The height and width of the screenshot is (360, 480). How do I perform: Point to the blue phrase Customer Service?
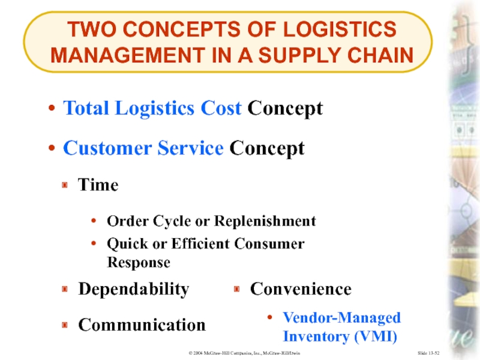143,148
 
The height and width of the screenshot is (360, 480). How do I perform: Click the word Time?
98,185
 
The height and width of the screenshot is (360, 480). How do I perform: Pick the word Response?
138,263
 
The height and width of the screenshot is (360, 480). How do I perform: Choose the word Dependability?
133,289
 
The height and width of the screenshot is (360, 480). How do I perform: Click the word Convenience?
300,289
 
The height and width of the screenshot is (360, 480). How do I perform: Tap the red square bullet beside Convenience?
236,290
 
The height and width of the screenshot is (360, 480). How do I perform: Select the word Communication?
142,325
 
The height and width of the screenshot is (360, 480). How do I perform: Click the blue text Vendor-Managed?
341,317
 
